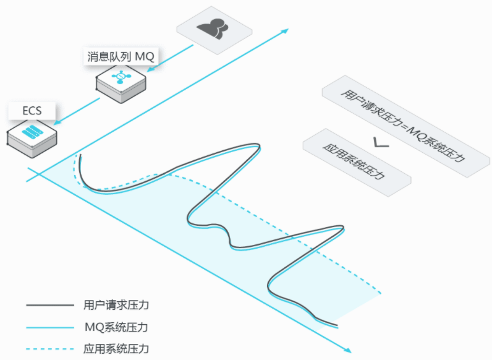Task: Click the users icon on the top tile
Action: click(213, 29)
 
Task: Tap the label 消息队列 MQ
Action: click(121, 57)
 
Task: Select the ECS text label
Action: click(32, 111)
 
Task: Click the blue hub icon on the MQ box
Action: click(121, 76)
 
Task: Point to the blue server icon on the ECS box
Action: click(32, 132)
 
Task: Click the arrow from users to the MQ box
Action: click(170, 58)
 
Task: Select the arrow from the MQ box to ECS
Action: click(77, 111)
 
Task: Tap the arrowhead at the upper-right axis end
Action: click(284, 31)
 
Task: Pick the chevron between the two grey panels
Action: click(381, 143)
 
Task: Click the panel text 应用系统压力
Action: click(354, 161)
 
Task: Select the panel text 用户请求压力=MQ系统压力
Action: click(402, 126)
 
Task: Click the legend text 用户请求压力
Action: click(116, 305)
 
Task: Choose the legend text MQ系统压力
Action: click(116, 327)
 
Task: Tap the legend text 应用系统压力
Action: click(116, 349)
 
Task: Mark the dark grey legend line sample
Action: click(50, 305)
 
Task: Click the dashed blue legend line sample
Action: click(50, 349)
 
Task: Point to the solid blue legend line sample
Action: click(50, 328)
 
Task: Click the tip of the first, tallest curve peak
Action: click(260, 147)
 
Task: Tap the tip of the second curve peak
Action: click(343, 228)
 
